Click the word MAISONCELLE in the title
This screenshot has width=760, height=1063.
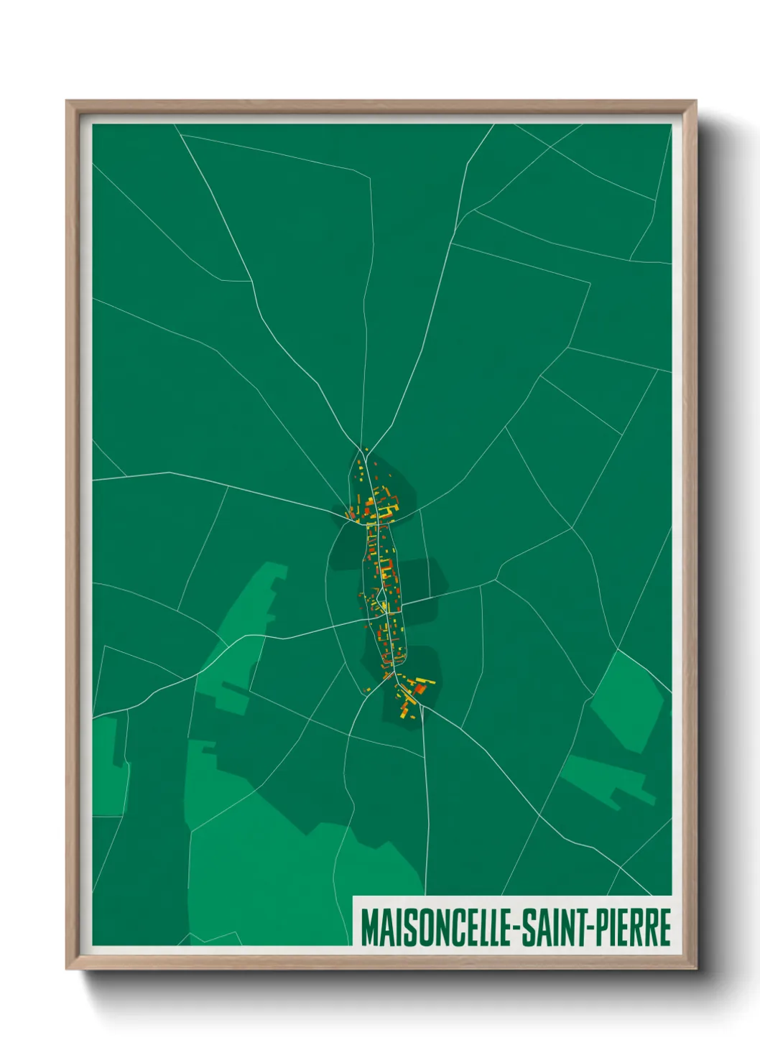(435, 927)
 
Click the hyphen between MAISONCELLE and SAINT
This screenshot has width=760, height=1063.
(514, 929)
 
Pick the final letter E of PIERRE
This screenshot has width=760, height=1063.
(664, 927)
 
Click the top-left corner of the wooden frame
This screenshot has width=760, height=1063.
(67, 101)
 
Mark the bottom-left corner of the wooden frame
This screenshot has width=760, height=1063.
(67, 969)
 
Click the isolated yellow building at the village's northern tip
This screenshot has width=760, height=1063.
(366, 451)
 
